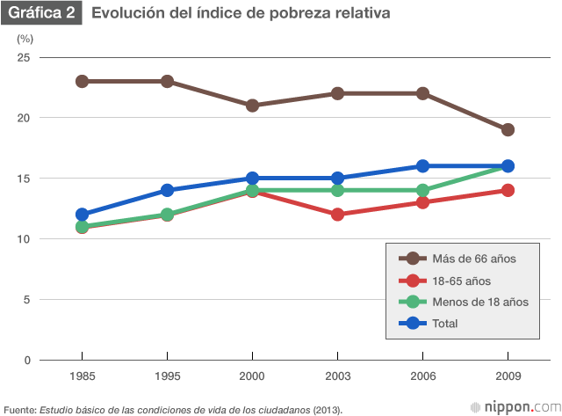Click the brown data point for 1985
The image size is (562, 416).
click(x=82, y=81)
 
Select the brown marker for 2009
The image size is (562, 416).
click(x=508, y=129)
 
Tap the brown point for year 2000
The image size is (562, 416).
click(x=252, y=106)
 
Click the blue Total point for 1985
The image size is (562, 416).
click(x=82, y=214)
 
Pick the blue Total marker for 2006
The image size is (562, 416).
click(x=422, y=165)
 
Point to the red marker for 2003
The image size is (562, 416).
click(x=337, y=214)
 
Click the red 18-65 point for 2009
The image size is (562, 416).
click(x=508, y=190)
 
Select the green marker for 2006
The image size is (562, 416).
click(x=422, y=190)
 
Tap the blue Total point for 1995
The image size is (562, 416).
click(x=167, y=190)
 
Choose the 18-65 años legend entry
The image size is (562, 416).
click(x=461, y=281)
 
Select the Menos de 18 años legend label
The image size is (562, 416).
click(x=479, y=302)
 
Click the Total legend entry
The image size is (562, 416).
click(x=445, y=324)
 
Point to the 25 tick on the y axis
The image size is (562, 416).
click(x=24, y=57)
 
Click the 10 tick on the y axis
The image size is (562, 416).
click(x=24, y=238)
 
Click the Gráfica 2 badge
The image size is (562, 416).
click(x=40, y=14)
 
